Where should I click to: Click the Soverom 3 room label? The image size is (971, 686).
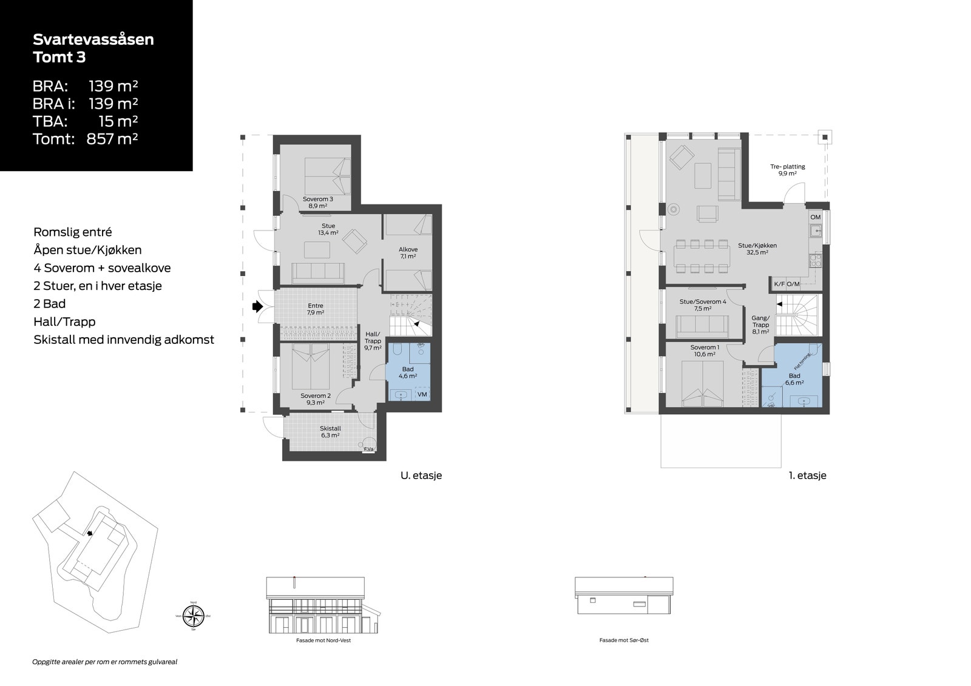317,202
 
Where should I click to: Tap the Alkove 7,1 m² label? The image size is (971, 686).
408,252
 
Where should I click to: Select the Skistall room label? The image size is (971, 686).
330,431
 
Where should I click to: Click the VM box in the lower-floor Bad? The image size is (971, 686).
422,394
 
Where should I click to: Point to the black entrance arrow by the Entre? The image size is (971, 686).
257,307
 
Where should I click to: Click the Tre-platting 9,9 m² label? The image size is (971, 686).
787,170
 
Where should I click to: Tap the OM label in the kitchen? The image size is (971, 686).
815,217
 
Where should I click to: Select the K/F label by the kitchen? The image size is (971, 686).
779,284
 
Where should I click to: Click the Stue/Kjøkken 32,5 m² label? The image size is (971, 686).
757,249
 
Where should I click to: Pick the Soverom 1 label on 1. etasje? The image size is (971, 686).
704,351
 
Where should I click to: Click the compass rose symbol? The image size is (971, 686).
194,616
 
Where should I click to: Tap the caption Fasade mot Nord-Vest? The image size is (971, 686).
319,640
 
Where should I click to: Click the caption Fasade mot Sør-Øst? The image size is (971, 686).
624,640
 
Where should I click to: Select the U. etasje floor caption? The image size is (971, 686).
421,476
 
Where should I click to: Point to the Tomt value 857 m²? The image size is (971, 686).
112,139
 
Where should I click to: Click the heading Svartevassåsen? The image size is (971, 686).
93,39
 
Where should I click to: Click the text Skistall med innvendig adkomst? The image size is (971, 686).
124,340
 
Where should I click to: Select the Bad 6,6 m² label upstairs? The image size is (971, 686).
794,379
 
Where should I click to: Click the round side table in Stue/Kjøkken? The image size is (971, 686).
673,209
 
